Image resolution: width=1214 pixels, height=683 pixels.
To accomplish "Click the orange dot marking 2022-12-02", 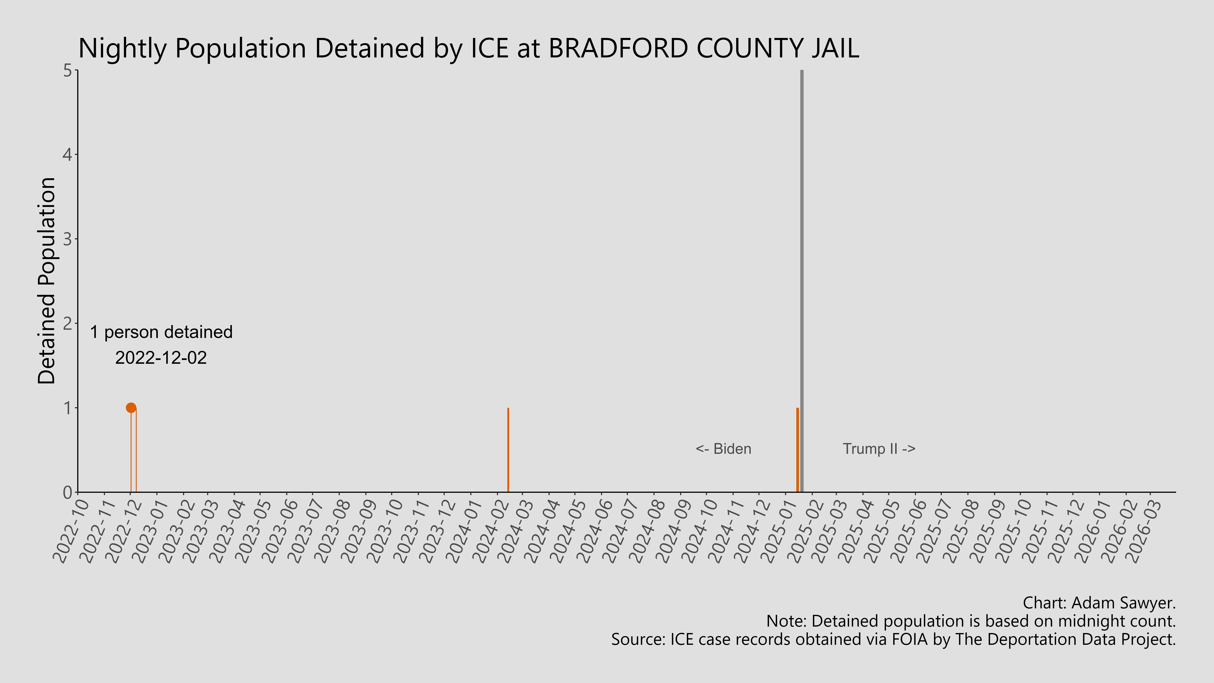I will click(131, 408).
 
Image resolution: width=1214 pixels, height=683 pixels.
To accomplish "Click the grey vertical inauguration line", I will click(802, 236).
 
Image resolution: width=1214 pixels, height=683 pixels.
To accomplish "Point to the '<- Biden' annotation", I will click(723, 449).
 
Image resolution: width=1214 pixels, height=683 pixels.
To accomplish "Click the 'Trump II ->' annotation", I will click(879, 449).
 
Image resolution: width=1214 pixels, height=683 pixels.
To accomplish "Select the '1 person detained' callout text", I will click(161, 332).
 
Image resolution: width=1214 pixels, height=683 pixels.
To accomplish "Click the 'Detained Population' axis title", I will click(47, 281).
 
